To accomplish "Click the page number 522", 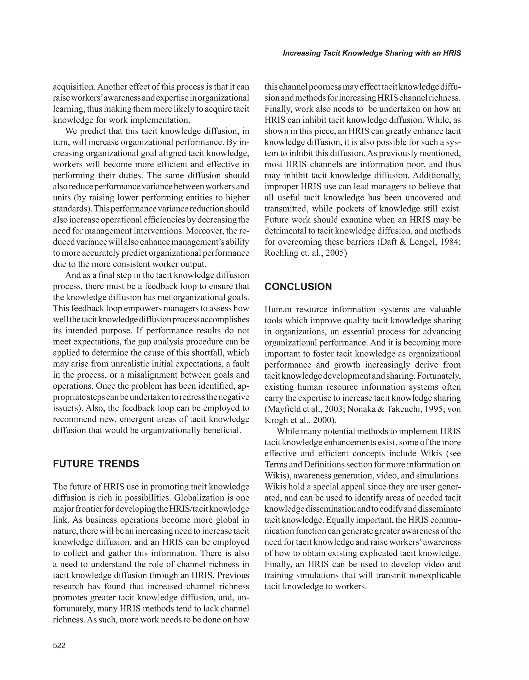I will coord(59,645).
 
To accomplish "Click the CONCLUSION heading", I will coord(298,287).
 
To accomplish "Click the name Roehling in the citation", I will coord(278,253).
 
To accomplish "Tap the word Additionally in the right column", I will coord(437,176).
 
